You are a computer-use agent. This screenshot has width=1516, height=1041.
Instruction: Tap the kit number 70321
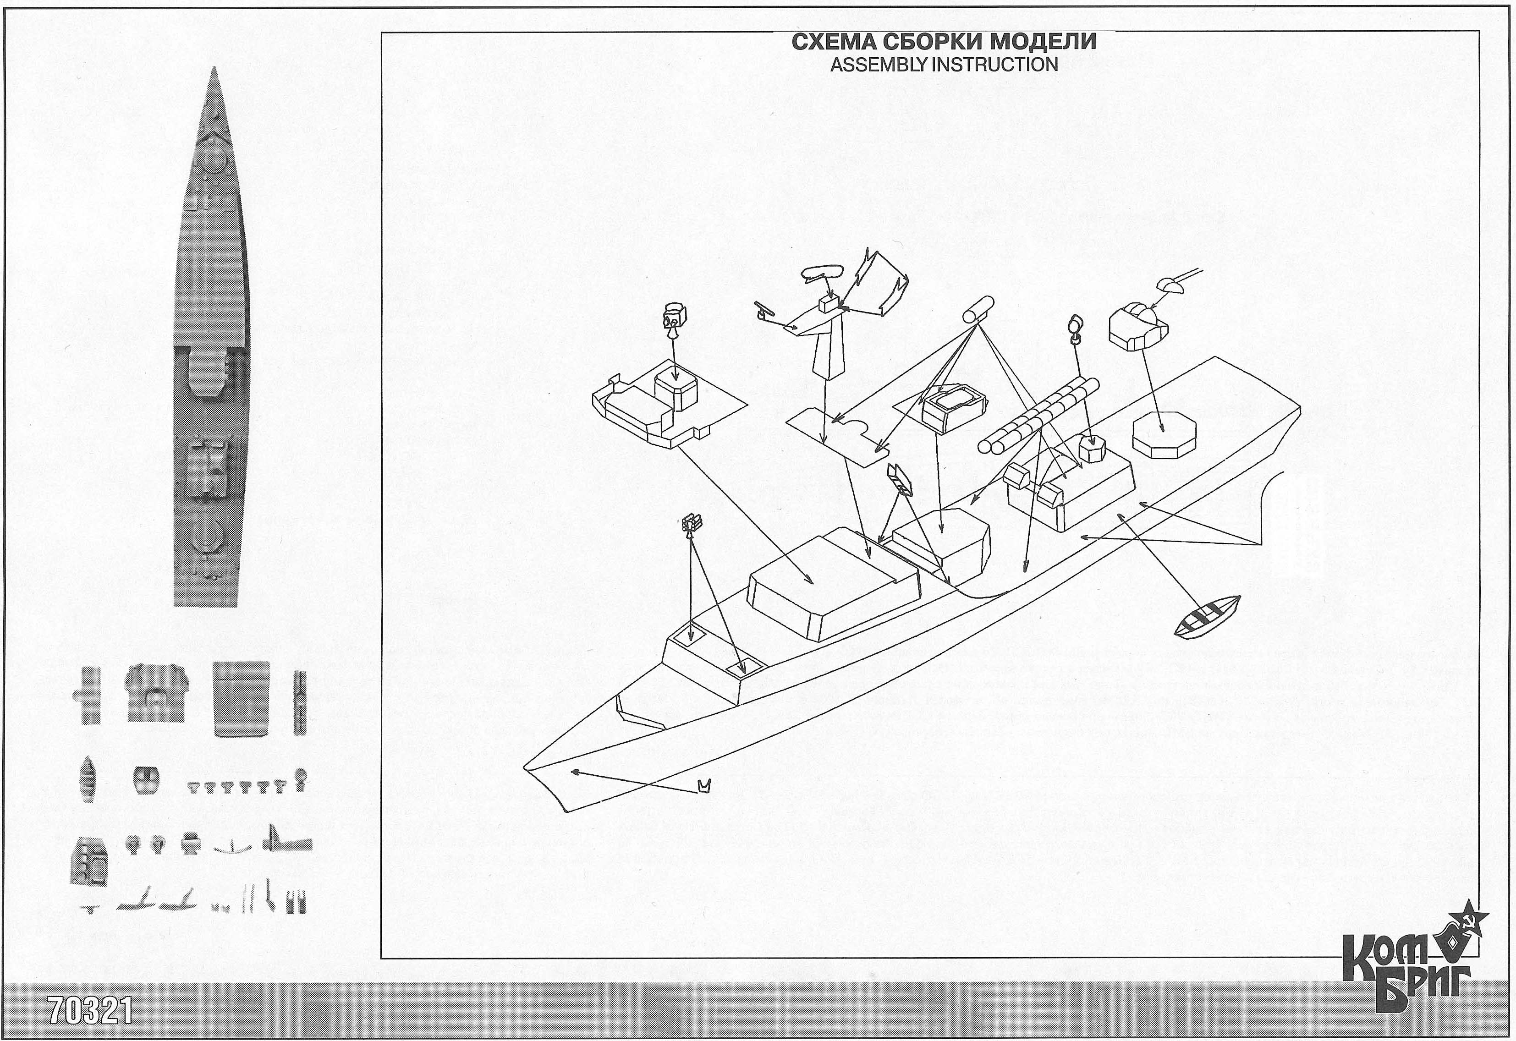91,1012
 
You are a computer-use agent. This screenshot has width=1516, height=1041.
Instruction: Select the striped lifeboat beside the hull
1206,614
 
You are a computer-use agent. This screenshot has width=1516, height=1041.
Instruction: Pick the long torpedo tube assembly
1037,416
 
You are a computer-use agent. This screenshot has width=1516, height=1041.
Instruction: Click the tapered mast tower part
830,356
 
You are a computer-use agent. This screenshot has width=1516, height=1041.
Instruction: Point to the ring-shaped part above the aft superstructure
1074,328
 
